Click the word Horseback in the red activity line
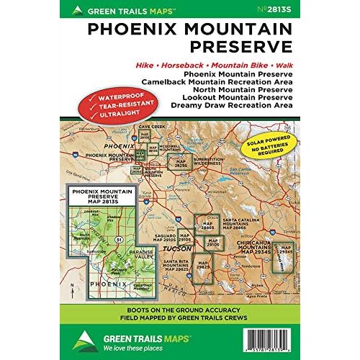[186, 64]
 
